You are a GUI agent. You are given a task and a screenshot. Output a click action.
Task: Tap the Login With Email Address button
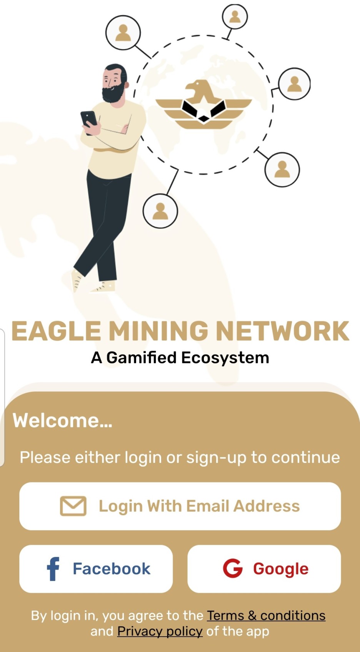180,506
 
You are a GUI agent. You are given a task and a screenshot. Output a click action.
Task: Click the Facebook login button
96,569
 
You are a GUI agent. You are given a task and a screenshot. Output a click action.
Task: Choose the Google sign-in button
264,569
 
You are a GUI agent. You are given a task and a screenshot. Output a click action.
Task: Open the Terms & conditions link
266,615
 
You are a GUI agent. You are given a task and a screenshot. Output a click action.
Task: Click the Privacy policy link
160,631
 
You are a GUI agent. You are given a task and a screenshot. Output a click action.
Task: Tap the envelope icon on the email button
73,506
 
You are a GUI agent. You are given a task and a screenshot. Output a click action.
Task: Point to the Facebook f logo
53,569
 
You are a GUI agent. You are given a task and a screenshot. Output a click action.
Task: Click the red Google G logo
233,569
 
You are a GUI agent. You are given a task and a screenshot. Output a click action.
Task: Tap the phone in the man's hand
89,119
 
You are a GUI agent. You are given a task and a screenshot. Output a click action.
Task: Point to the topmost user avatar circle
235,17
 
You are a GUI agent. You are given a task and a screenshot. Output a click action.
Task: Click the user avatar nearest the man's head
123,33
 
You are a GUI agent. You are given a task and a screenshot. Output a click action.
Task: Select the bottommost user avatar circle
160,211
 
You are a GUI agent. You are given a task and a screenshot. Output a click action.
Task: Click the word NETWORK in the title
282,331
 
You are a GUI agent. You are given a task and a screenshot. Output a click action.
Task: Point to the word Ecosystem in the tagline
225,358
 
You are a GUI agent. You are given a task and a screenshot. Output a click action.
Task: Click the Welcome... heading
63,420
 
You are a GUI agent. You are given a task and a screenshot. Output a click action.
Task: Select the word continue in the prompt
305,457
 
